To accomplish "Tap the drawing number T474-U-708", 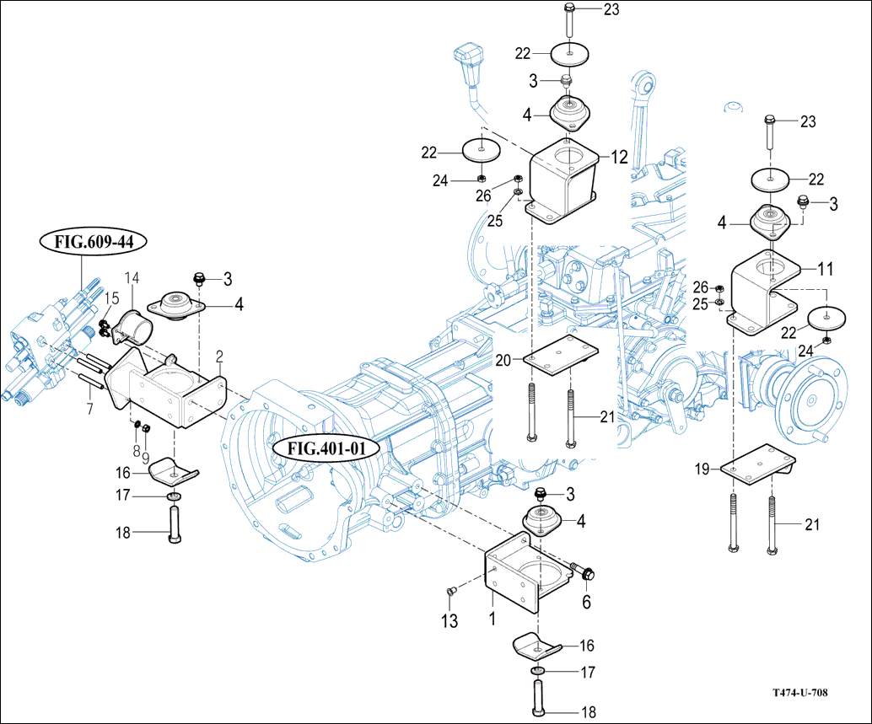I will point(799,693).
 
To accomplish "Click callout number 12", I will point(619,157).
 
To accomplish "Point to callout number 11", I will point(825,270).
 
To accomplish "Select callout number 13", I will point(451,622).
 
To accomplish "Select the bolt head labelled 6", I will point(586,573).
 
